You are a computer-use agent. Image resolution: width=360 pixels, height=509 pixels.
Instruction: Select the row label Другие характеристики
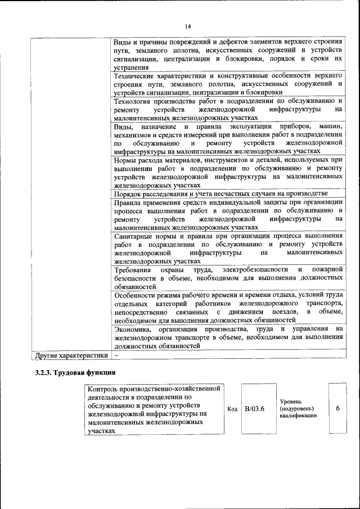pos(71,355)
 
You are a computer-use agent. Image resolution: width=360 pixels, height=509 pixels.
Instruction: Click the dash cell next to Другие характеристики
pos(116,355)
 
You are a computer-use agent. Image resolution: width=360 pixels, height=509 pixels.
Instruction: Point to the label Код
pos(232,409)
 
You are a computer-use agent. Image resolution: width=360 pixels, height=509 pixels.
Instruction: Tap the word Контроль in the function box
pos(105,389)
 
